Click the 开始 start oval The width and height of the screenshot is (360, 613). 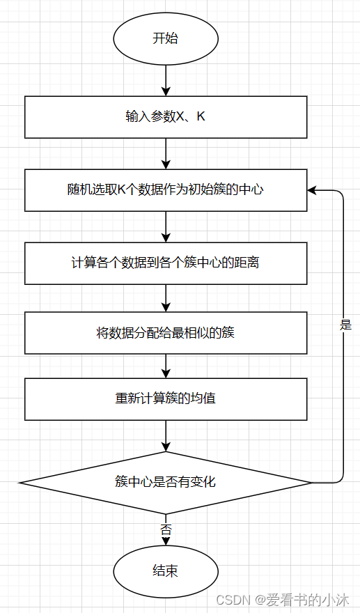point(166,38)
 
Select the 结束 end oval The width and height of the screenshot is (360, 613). point(166,571)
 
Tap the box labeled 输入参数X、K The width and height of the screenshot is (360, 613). point(166,117)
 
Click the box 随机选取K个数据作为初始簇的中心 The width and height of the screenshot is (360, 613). point(166,189)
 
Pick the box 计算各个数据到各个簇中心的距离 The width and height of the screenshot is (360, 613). point(166,263)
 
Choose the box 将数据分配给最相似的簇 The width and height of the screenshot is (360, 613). point(166,332)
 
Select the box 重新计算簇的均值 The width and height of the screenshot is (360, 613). point(166,399)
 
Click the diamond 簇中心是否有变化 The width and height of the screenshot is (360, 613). point(166,481)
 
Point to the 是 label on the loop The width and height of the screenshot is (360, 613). point(345,325)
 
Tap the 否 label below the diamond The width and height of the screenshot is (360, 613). point(166,529)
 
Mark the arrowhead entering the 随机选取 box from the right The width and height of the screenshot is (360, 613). point(313,189)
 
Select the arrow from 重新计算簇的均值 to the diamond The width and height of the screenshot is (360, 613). point(166,435)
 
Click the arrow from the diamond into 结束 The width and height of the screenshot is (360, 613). point(166,538)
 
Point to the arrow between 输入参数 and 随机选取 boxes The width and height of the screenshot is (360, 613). point(166,153)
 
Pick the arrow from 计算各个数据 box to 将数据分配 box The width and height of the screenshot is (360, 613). point(166,297)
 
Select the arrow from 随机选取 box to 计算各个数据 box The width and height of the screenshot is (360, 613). point(166,226)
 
